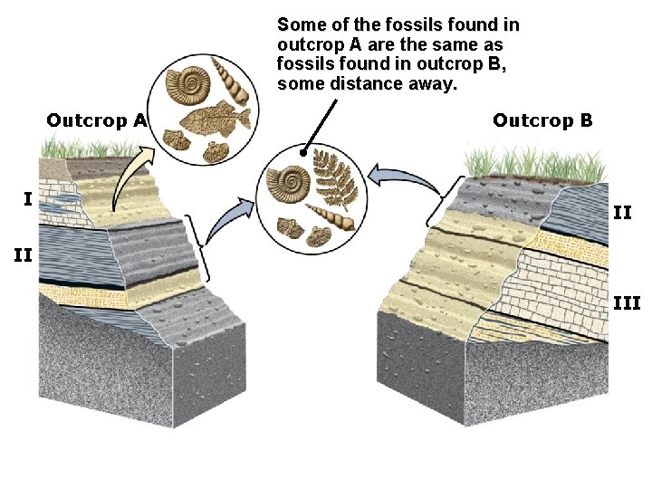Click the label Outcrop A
click(x=97, y=120)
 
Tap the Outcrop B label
click(x=542, y=120)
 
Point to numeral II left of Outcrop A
click(x=24, y=256)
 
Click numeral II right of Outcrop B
click(x=623, y=213)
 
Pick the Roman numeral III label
click(x=626, y=303)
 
